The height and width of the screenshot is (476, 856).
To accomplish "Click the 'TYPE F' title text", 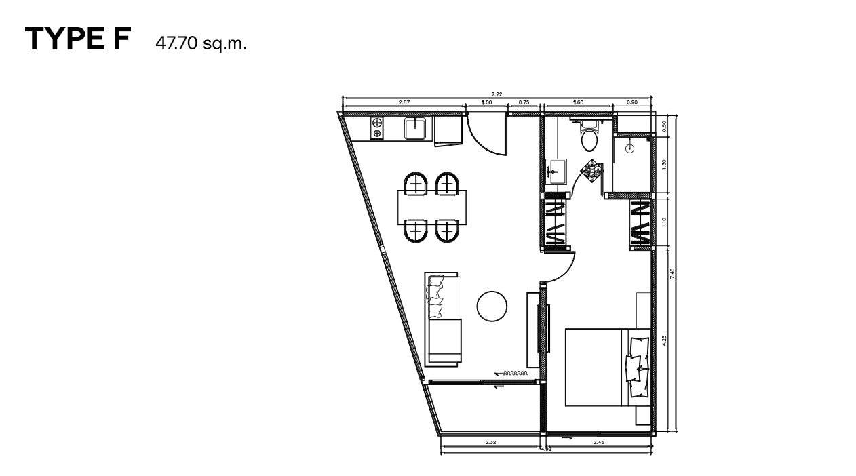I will click(x=77, y=40).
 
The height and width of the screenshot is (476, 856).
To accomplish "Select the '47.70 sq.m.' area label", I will click(x=200, y=43).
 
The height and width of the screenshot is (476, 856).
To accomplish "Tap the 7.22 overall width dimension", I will click(x=497, y=95).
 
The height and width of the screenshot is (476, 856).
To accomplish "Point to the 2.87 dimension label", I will click(x=404, y=102).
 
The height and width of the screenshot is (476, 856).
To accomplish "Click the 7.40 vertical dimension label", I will click(x=672, y=274).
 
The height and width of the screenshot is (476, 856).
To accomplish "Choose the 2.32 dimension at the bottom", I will click(x=490, y=442).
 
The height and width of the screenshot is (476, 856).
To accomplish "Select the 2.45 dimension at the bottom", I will click(x=598, y=442).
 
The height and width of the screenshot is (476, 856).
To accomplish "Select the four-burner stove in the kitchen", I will click(x=376, y=128).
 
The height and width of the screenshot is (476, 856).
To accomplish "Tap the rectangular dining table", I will click(x=432, y=207).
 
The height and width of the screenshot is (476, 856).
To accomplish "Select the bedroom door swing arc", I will click(x=560, y=268).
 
